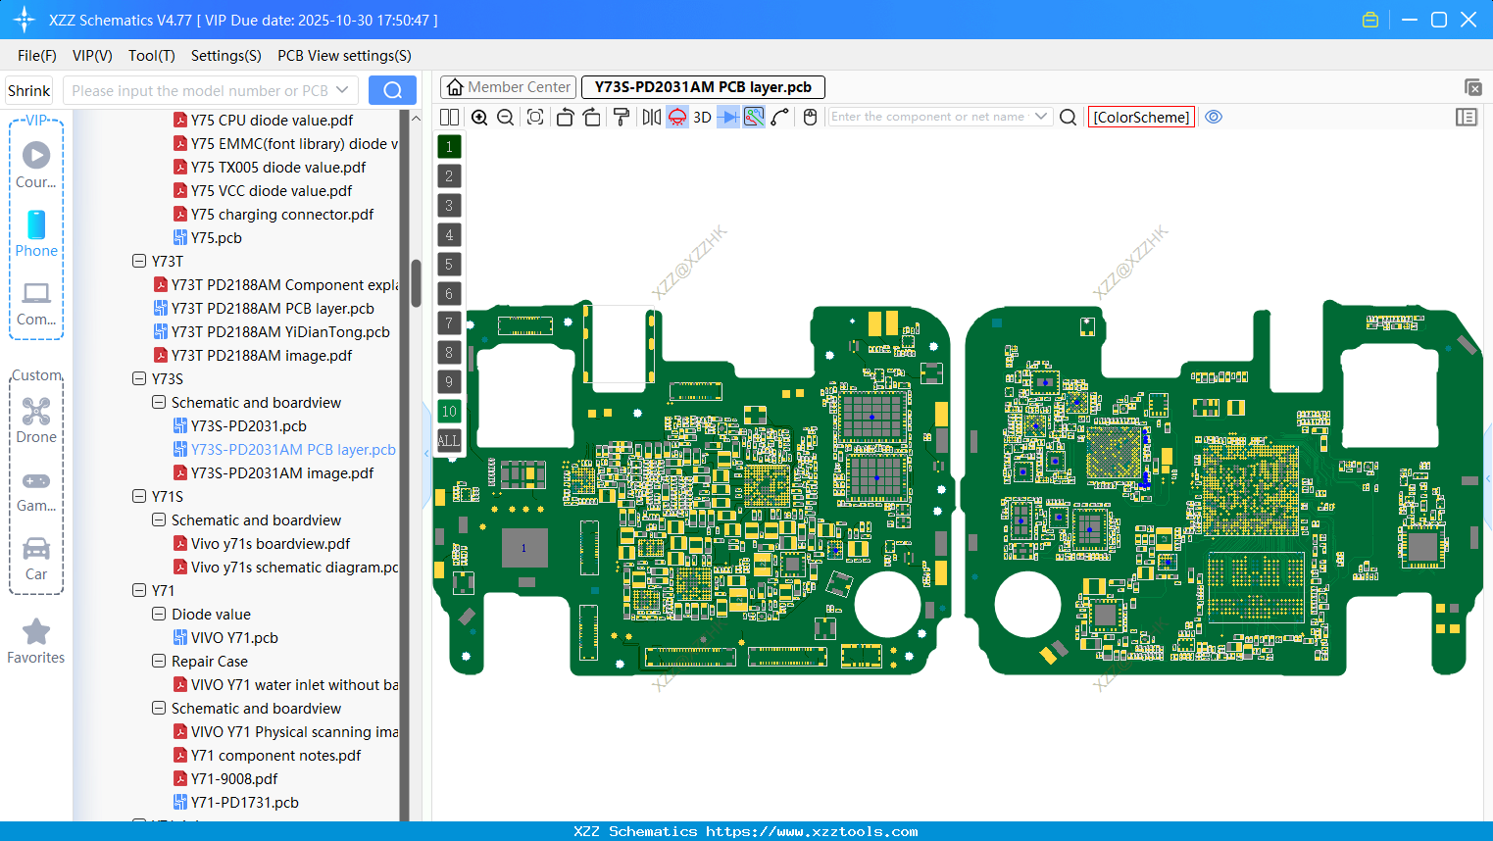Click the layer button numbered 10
tap(449, 412)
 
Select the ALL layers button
tap(449, 441)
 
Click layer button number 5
tap(449, 265)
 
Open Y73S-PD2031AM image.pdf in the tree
tap(281, 473)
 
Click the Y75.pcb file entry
tap(216, 238)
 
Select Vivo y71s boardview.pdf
tap(270, 544)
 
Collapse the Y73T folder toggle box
tap(139, 262)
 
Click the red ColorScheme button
tap(1141, 118)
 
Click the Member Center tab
tap(508, 87)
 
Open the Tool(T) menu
tap(151, 56)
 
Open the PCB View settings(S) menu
tap(344, 56)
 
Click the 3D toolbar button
tap(702, 118)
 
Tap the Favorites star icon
tap(36, 632)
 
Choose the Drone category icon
tap(36, 412)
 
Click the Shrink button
tap(29, 91)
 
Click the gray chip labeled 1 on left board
tap(524, 548)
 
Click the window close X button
tap(1468, 20)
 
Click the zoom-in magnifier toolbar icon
tap(479, 118)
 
